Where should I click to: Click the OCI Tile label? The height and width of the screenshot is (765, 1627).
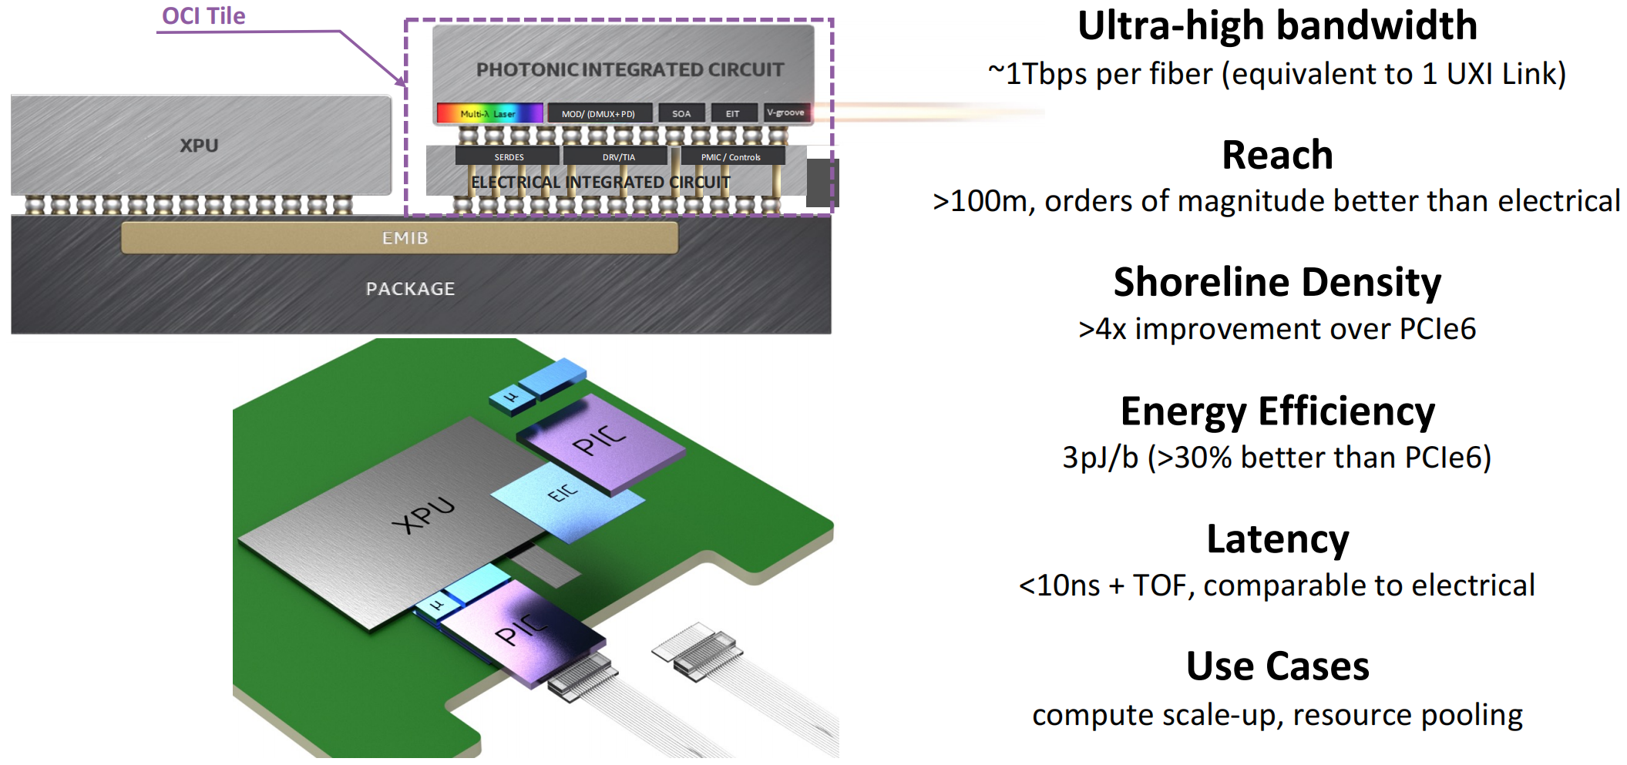click(x=203, y=16)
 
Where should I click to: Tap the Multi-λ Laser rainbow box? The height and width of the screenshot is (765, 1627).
click(x=489, y=113)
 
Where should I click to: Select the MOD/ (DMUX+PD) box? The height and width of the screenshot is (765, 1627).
click(x=599, y=113)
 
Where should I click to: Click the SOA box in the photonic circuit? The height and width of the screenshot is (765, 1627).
click(x=681, y=113)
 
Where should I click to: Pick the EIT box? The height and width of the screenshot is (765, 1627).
click(x=733, y=113)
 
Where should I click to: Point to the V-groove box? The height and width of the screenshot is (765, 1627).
click(x=786, y=112)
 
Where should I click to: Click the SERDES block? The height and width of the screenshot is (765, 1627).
click(x=509, y=156)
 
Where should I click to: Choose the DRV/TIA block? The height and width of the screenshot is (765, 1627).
click(x=619, y=156)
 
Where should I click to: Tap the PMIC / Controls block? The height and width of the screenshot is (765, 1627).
click(x=731, y=156)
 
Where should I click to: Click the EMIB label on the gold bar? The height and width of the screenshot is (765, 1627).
click(x=405, y=238)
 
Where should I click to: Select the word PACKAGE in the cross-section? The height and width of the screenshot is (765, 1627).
click(x=410, y=289)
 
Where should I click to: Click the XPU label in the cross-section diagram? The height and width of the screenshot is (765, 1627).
click(x=199, y=146)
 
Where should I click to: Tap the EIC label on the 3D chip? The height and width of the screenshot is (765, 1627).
click(x=562, y=493)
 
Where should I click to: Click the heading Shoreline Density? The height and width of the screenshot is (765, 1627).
click(x=1277, y=282)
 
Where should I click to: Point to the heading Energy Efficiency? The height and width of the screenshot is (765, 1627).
click(x=1277, y=411)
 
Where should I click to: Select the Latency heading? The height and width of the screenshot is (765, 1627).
click(x=1277, y=539)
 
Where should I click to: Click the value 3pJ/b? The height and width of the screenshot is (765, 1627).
click(x=1100, y=458)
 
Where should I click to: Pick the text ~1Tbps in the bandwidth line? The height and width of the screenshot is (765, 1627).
click(x=1037, y=74)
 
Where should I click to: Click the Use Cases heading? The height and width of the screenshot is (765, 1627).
click(x=1277, y=666)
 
